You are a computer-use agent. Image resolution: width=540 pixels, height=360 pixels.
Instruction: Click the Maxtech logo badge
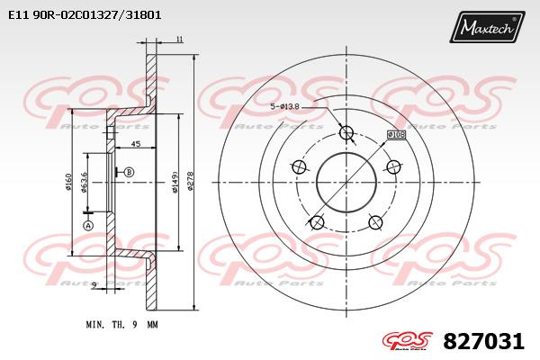pyautogui.click(x=487, y=27)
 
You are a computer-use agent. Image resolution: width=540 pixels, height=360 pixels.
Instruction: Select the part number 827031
pyautogui.click(x=483, y=341)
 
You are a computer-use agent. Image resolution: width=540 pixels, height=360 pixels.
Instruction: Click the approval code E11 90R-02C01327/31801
pyautogui.click(x=85, y=15)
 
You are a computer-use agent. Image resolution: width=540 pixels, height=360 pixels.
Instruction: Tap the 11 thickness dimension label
pyautogui.click(x=179, y=40)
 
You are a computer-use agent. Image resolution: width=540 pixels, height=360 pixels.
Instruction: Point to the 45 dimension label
pyautogui.click(x=136, y=144)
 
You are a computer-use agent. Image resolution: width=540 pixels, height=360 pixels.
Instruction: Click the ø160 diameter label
pyautogui.click(x=67, y=182)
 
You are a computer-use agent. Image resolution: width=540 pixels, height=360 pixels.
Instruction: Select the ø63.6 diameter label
pyautogui.click(x=84, y=183)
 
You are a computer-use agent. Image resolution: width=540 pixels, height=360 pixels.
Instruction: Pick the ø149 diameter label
pyautogui.click(x=175, y=182)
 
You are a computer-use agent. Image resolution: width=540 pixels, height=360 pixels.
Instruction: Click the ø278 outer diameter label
pyautogui.click(x=190, y=181)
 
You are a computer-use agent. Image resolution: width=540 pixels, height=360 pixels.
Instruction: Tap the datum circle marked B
pyautogui.click(x=129, y=172)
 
